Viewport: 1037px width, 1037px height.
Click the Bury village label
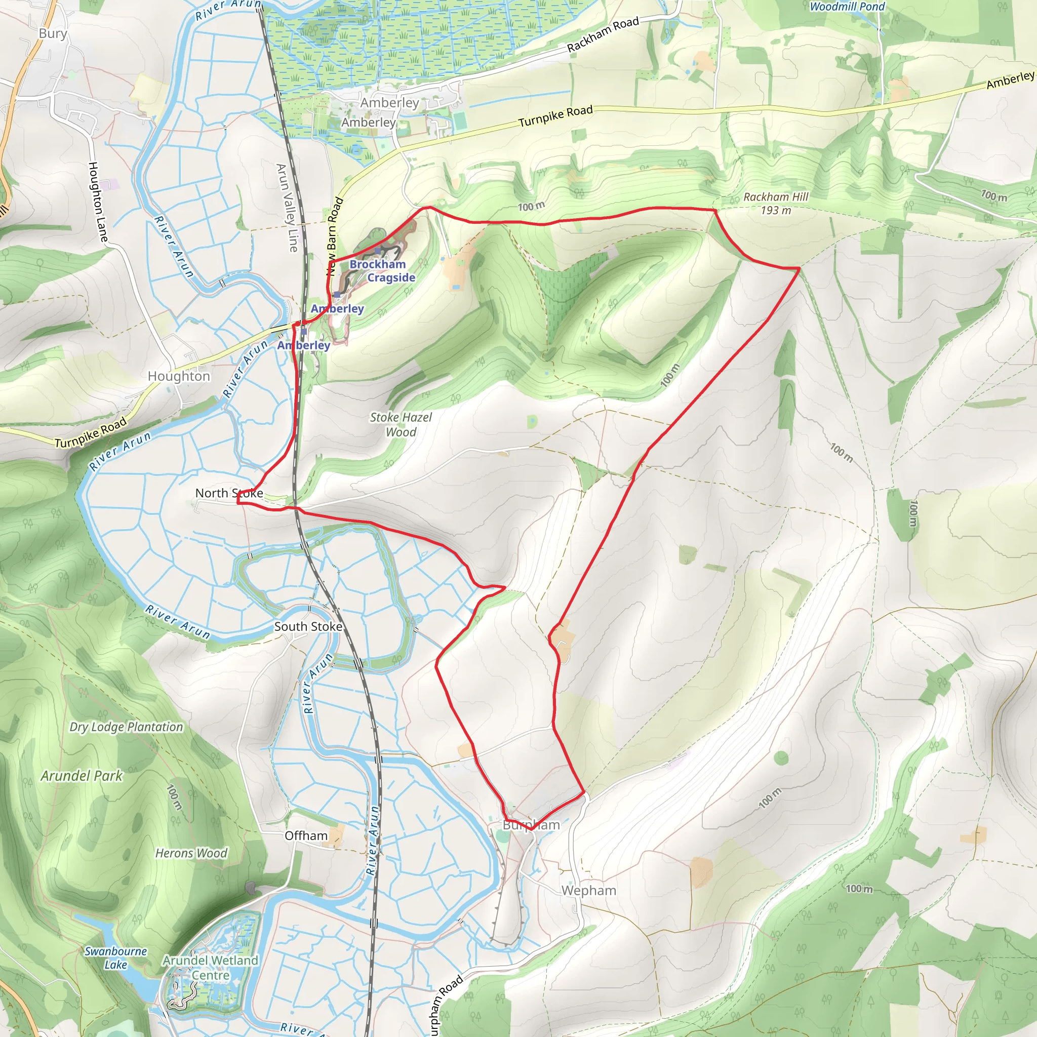tap(53, 34)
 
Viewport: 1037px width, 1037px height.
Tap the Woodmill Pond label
tap(847, 7)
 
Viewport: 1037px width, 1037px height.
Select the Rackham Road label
tap(603, 34)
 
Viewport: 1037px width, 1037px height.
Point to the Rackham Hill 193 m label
tap(776, 204)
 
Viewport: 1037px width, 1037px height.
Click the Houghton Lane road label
tap(98, 202)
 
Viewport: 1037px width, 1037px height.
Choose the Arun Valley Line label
tap(287, 208)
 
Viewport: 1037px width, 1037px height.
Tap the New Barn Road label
tap(335, 236)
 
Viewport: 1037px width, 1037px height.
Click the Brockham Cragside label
tap(382, 270)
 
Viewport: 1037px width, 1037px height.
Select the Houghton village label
tap(179, 376)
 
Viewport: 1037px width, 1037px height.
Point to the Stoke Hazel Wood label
tap(401, 424)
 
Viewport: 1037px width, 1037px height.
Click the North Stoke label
tap(229, 493)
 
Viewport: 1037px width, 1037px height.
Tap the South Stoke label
tap(308, 626)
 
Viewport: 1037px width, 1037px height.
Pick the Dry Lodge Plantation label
tap(126, 727)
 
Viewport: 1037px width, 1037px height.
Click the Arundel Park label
tap(82, 776)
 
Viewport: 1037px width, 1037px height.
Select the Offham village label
tap(306, 835)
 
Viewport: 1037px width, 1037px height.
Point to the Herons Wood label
tap(191, 853)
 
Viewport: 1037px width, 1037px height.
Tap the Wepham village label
tap(588, 891)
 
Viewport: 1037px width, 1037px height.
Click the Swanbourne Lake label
tap(116, 958)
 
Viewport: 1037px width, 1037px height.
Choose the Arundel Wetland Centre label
tap(211, 967)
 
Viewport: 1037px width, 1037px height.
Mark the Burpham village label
tap(531, 825)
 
